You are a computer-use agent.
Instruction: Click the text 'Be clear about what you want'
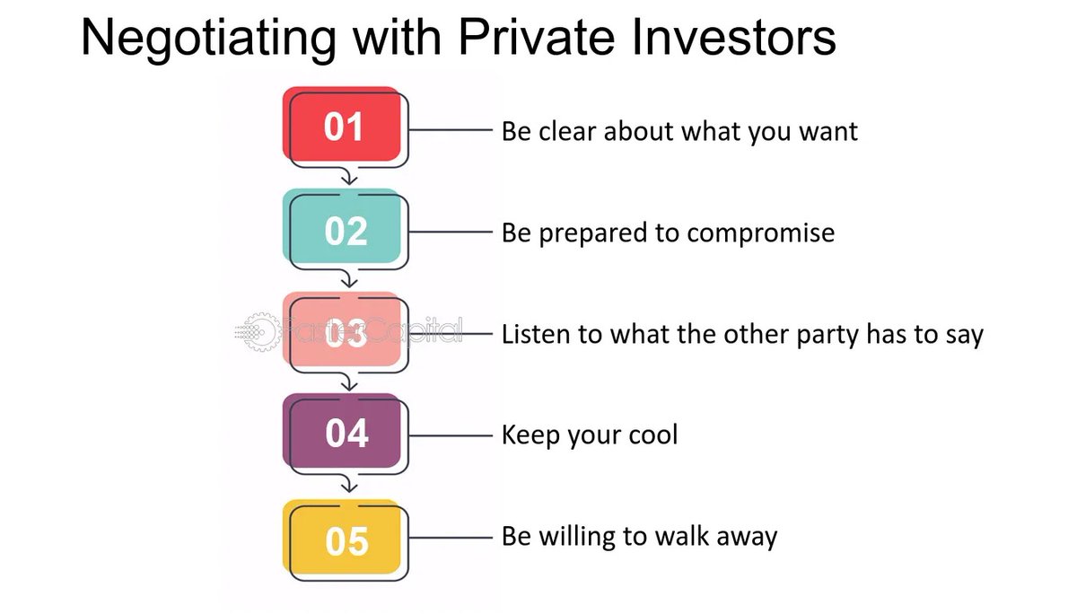(x=679, y=132)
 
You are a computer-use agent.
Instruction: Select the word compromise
(x=760, y=233)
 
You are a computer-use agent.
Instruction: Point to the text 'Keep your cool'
(x=589, y=436)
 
